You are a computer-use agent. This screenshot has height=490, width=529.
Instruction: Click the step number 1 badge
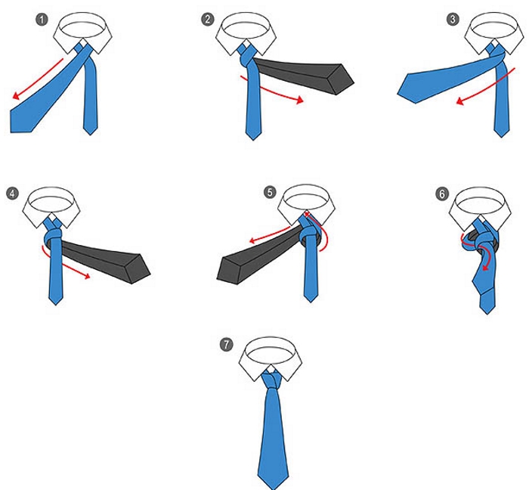click(42, 20)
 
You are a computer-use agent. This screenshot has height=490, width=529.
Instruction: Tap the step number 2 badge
click(208, 19)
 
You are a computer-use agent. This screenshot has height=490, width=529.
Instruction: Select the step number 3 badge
click(453, 19)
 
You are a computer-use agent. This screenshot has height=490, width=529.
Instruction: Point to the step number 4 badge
click(13, 194)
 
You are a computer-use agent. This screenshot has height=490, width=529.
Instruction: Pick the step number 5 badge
click(270, 192)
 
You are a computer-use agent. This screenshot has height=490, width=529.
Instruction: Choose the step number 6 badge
click(442, 194)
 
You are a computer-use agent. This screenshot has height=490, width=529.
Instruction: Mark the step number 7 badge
click(227, 345)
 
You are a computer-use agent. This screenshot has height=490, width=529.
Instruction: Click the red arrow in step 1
click(37, 79)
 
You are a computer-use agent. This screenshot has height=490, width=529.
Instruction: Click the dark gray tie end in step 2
click(304, 75)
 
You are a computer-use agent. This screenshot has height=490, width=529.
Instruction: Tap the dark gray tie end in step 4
click(104, 261)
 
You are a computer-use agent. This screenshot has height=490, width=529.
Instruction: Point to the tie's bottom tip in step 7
click(274, 489)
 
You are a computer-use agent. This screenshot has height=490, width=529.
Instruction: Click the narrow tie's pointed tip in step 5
click(311, 302)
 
